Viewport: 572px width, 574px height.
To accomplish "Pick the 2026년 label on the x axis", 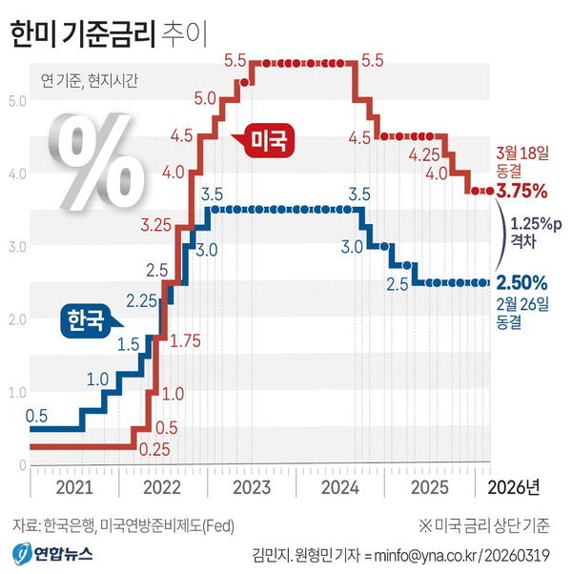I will (513, 488).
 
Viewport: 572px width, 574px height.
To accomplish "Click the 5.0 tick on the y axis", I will (16, 99).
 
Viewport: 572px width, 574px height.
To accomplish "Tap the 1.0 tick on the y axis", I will (16, 392).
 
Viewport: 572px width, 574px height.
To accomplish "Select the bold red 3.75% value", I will (522, 191).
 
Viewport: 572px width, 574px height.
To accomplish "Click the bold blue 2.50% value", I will (521, 282).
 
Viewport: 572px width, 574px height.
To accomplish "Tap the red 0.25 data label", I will (153, 447).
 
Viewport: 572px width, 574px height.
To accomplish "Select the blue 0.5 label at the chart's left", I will (37, 415).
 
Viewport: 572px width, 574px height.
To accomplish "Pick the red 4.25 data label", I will (423, 154).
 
